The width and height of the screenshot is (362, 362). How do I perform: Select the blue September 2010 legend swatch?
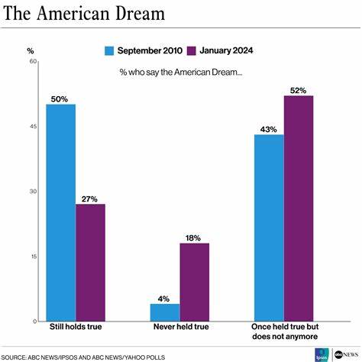click(x=109, y=50)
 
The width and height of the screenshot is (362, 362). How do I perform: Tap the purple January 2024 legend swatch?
click(x=194, y=50)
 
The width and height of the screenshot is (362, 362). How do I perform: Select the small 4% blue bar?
click(x=164, y=312)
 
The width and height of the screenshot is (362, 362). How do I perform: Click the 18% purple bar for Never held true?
click(x=194, y=282)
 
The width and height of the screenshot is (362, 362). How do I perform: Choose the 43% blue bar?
click(x=269, y=228)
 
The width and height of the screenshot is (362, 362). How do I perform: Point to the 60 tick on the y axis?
click(x=34, y=61)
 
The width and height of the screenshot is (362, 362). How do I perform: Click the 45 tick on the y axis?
click(x=34, y=127)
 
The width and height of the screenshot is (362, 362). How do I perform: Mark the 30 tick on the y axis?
click(x=34, y=192)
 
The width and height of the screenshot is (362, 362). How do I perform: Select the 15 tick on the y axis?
click(x=34, y=257)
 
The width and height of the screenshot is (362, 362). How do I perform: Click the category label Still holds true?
click(x=75, y=327)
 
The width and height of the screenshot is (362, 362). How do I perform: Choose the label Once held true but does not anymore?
click(x=283, y=331)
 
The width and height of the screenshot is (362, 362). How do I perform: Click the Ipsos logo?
click(x=322, y=354)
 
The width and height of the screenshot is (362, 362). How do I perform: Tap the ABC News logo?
click(x=344, y=354)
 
